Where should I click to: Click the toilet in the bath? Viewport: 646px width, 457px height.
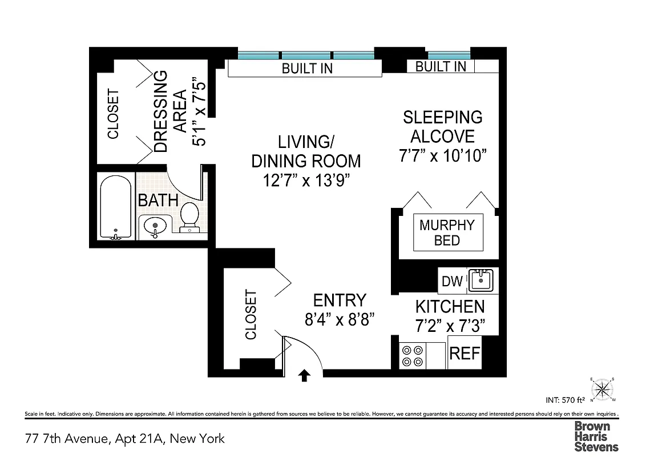point(189,218)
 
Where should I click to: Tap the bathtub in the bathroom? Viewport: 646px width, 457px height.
point(116,208)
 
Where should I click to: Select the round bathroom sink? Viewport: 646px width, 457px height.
point(154,226)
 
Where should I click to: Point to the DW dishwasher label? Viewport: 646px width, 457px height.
point(452,282)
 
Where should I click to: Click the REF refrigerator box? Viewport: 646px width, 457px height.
point(465,353)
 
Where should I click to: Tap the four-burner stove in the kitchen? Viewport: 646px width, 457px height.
point(412,355)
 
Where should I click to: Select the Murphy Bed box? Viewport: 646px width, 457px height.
point(447,232)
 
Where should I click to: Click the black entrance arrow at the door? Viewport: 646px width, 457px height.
point(305,375)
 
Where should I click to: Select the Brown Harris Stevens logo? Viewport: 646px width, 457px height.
point(596,436)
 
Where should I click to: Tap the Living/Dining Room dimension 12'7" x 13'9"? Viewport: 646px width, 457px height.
point(306,181)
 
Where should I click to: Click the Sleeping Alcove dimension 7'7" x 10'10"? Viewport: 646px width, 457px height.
point(442,156)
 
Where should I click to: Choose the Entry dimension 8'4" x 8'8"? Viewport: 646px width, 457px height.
point(340,319)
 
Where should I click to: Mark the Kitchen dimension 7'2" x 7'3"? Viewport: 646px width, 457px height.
point(450,326)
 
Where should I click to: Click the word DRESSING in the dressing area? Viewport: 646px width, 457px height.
point(161,111)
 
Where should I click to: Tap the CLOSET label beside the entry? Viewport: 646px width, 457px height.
point(251,315)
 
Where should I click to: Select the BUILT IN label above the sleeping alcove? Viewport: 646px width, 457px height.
point(441,66)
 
